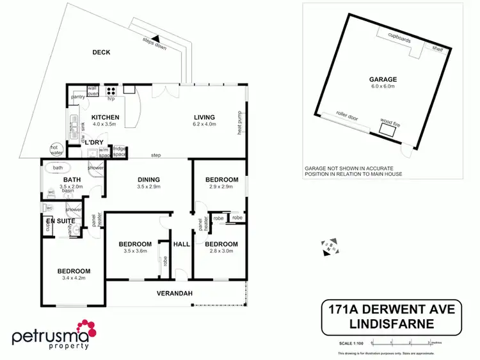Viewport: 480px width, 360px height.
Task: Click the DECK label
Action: pos(102,52)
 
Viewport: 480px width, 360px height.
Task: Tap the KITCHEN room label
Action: pos(104,118)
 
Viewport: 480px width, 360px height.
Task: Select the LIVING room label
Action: pos(205,117)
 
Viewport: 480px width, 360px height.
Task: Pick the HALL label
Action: pos(182,244)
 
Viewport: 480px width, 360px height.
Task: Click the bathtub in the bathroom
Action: pos(59,169)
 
